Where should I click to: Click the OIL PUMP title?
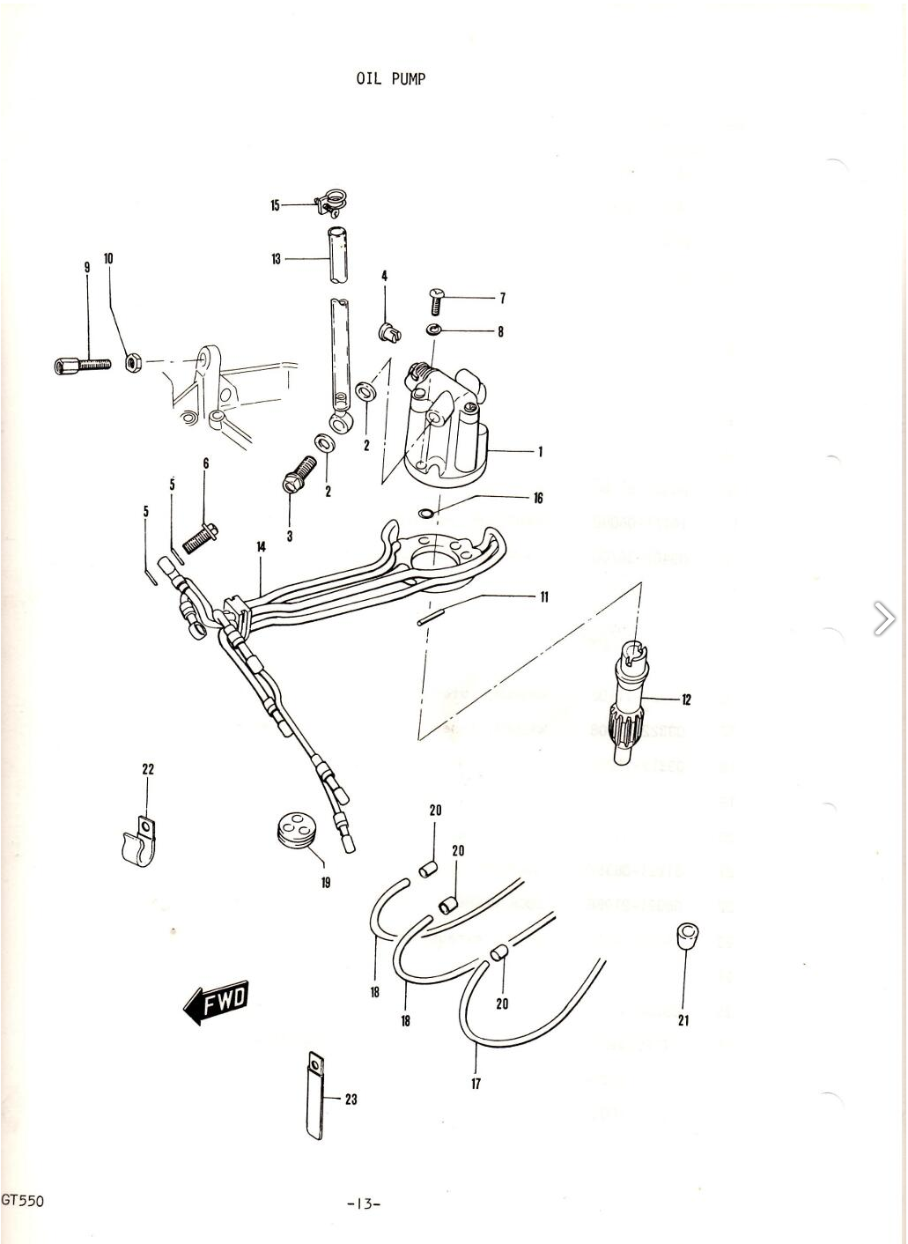(390, 78)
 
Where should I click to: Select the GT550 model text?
(22, 1200)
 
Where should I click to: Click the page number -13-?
(364, 1203)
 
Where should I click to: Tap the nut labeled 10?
(134, 361)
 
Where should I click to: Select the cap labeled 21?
(684, 935)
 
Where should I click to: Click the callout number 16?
(538, 498)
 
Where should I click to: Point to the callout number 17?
(476, 1083)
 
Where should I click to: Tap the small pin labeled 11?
(427, 617)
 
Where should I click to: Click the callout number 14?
(261, 547)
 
